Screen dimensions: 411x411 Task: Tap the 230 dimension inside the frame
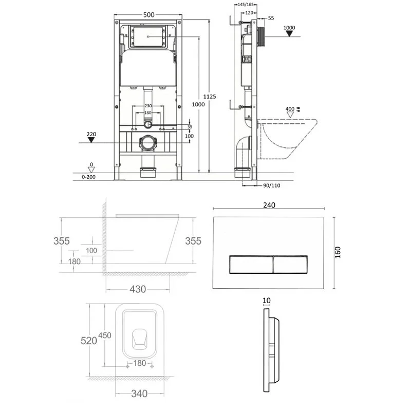(x=147, y=107)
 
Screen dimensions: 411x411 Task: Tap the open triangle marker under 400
(x=290, y=115)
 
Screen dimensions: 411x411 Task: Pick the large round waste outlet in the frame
(x=148, y=143)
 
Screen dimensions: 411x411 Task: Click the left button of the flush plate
(x=250, y=264)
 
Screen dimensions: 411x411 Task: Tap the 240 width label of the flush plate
(x=269, y=205)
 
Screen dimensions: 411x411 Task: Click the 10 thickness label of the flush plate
(x=266, y=301)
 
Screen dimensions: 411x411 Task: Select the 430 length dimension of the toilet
(x=137, y=289)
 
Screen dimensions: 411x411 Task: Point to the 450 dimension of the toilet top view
(x=105, y=335)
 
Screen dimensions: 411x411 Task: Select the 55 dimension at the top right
(x=271, y=18)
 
